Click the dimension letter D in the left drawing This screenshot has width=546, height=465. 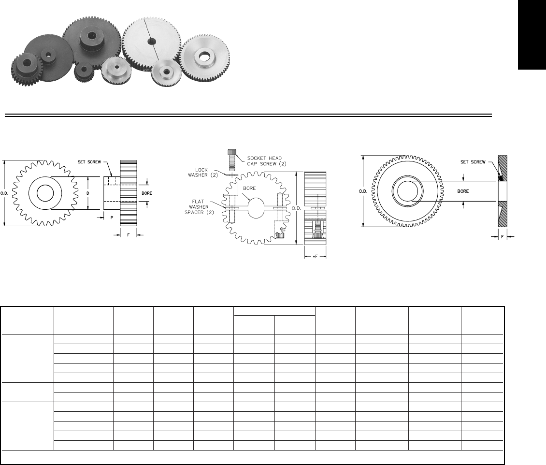pos(88,193)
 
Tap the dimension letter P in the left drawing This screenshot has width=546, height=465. pos(112,218)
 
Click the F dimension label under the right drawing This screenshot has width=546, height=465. pos(503,238)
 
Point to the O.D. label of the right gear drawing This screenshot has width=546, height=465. pos(363,191)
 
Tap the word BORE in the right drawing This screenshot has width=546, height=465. pos(463,191)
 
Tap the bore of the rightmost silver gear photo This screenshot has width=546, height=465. pos(203,58)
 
